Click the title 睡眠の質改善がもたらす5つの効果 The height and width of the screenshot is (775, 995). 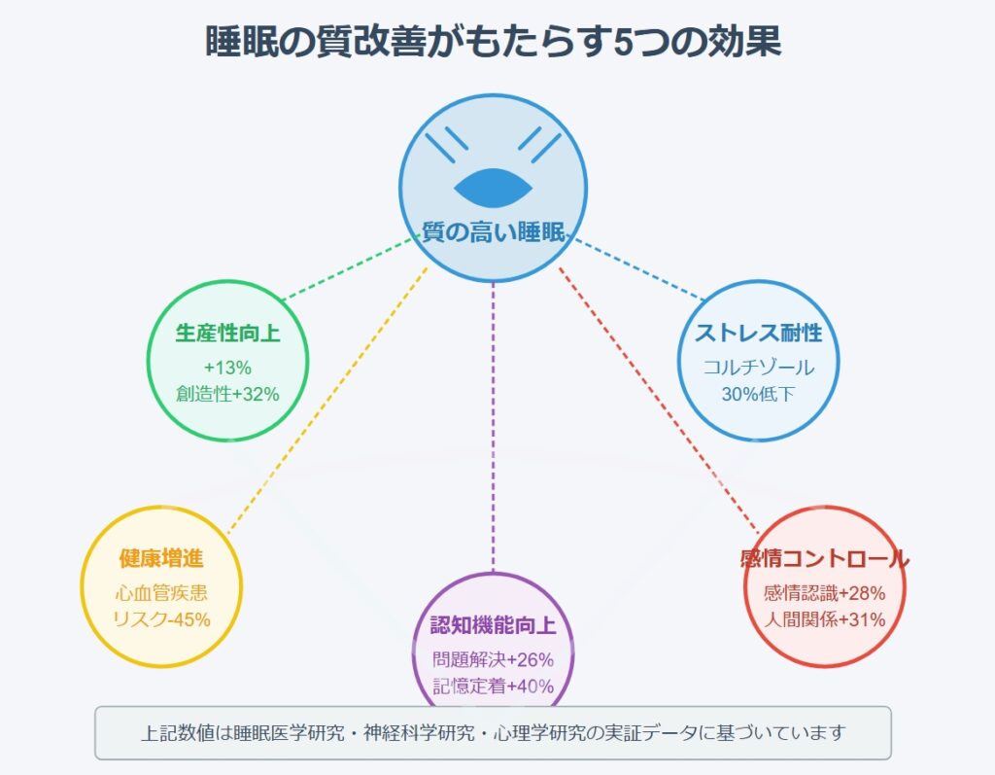pyautogui.click(x=493, y=42)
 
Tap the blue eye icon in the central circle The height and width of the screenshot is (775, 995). pyautogui.click(x=493, y=188)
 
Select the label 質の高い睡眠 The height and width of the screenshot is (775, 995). pyautogui.click(x=493, y=231)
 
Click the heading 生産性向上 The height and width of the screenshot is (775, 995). pyautogui.click(x=227, y=333)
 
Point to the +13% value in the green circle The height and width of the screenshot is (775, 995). pyautogui.click(x=227, y=368)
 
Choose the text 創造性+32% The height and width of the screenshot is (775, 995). pyautogui.click(x=227, y=394)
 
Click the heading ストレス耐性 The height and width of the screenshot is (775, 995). pyautogui.click(x=758, y=333)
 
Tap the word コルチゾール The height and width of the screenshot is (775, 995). pyautogui.click(x=758, y=368)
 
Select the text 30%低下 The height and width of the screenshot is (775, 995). pyautogui.click(x=758, y=394)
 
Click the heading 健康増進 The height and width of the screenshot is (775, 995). pyautogui.click(x=161, y=558)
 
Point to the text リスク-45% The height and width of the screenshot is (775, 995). pyautogui.click(x=161, y=619)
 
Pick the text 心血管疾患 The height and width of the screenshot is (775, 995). pyautogui.click(x=161, y=593)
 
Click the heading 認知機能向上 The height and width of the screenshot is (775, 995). pyautogui.click(x=493, y=625)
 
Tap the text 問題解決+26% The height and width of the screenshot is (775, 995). pyautogui.click(x=493, y=659)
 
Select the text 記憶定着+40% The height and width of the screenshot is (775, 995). pyautogui.click(x=493, y=687)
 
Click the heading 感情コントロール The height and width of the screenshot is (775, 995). pyautogui.click(x=824, y=558)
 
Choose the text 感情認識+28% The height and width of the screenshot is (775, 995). pyautogui.click(x=824, y=593)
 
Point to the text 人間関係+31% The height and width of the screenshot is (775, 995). pyautogui.click(x=824, y=619)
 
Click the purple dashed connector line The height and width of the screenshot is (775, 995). pyautogui.click(x=493, y=427)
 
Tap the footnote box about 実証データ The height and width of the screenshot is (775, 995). pyautogui.click(x=493, y=732)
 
